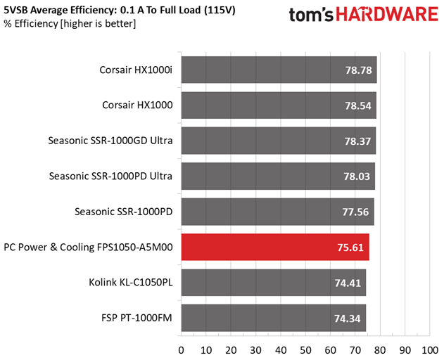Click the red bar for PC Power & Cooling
pos(275,247)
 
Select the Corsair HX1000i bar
pos(279,70)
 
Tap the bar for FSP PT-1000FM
pos(273,319)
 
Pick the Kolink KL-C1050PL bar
pos(273,283)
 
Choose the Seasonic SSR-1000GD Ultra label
pos(110,141)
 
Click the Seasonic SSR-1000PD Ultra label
pos(111,176)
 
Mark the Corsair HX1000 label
pos(137,105)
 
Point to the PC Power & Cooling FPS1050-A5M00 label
pos(88,247)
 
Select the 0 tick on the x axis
pos(181,349)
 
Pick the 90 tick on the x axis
pos(405,349)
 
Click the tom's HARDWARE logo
pos(363,15)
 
